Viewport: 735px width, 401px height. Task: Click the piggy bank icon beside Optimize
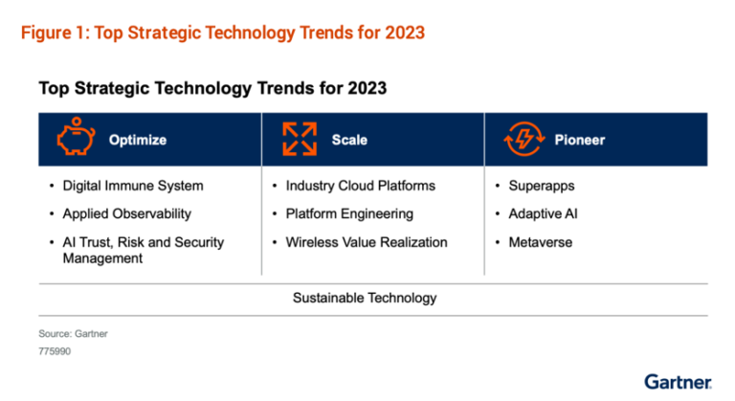[x=75, y=140]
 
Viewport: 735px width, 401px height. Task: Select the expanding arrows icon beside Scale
[x=298, y=140]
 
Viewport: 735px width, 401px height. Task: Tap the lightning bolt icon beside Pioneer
[x=523, y=140]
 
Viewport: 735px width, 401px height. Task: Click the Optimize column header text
[x=137, y=140]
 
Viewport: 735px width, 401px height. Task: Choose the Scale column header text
[x=349, y=140]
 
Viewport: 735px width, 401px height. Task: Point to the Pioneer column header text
[x=579, y=140]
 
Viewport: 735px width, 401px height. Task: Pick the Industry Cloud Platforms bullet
[x=360, y=186]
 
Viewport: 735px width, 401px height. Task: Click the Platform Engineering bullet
[x=349, y=213]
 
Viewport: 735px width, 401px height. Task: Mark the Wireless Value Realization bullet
[x=366, y=242]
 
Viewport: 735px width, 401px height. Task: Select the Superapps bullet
[x=542, y=186]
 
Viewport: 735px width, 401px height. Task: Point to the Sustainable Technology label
[x=364, y=298]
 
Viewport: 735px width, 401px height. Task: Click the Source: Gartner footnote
[x=75, y=335]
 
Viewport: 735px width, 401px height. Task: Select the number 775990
[x=55, y=351]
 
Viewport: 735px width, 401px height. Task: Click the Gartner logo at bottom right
[x=678, y=381]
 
